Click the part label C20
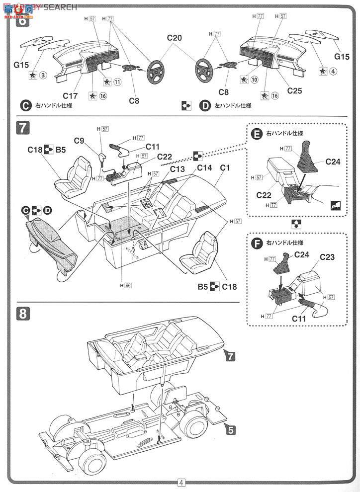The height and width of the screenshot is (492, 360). pos(175,38)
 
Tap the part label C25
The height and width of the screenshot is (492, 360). pos(295,91)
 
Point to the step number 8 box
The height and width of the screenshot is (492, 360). pos(23,314)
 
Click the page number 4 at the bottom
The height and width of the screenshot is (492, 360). pos(181,482)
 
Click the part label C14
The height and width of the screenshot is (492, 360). pos(204,167)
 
